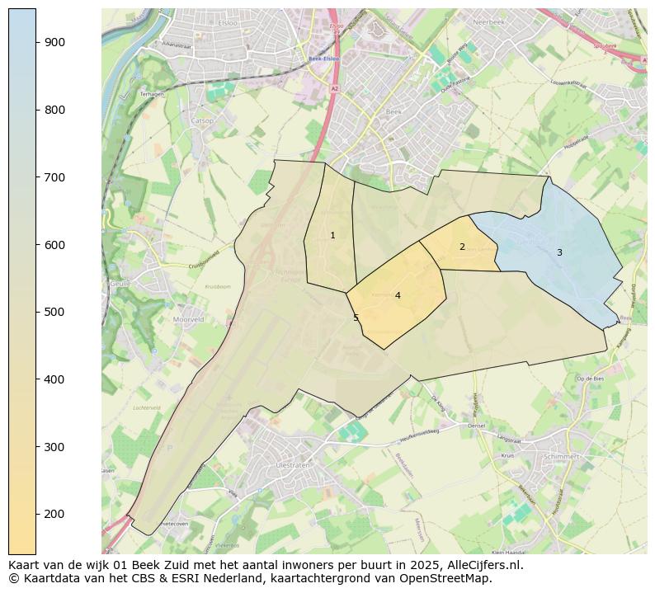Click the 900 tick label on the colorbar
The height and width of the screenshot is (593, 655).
[x=55, y=42]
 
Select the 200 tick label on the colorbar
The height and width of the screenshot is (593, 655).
[x=55, y=514]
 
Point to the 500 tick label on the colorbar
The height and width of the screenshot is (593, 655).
[x=55, y=312]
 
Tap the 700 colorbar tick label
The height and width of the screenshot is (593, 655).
[x=55, y=177]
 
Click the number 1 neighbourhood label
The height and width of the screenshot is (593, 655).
[x=332, y=236]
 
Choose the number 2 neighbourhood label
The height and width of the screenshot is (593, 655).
[x=462, y=247]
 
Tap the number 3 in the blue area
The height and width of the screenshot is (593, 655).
[x=559, y=253]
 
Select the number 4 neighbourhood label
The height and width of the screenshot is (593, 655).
[x=398, y=295]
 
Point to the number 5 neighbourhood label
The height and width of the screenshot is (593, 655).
[x=356, y=318]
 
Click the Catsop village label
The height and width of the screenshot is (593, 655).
[x=202, y=121]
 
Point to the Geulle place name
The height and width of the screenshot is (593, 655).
[x=120, y=283]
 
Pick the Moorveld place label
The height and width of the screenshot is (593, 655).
[x=189, y=318]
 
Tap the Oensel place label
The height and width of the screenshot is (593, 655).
[x=477, y=426]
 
